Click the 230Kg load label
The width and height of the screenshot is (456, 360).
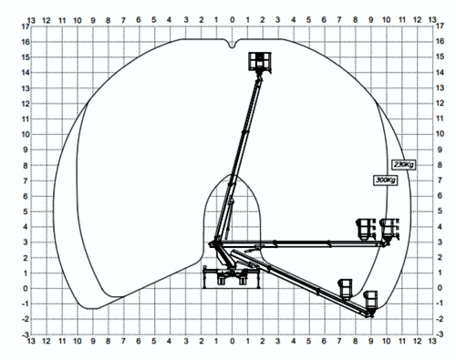(402, 164)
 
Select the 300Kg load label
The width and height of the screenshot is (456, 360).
(386, 180)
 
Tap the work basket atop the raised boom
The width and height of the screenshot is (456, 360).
(262, 61)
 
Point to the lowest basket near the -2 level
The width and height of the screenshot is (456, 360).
(370, 301)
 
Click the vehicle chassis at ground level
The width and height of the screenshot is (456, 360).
(230, 277)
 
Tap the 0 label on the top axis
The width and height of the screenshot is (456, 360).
(232, 17)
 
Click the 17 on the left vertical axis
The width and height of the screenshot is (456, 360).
(23, 26)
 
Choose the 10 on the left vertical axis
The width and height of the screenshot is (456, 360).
(23, 134)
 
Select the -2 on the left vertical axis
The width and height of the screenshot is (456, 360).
(23, 319)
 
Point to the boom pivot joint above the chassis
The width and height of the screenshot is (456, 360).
(216, 243)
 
